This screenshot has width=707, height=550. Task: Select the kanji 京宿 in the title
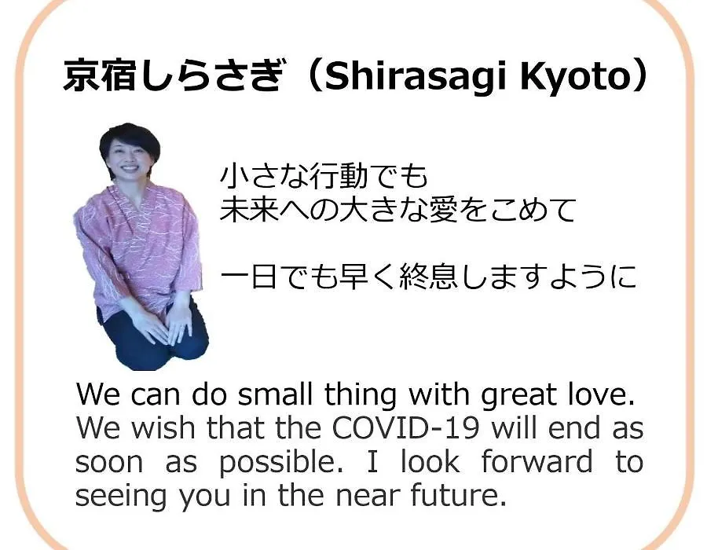click(99, 75)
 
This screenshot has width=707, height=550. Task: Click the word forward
click(537, 461)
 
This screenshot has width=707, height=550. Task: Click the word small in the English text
click(275, 394)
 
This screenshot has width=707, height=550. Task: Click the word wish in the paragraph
click(163, 427)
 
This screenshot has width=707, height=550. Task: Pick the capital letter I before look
click(372, 461)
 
